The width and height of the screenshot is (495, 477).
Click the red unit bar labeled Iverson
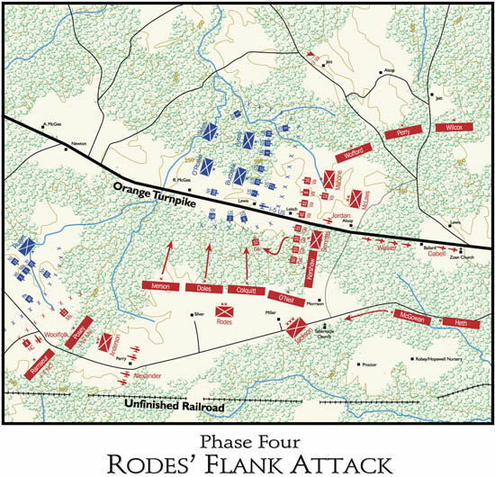coord(163,286)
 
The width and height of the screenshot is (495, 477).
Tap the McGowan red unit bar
coord(409,316)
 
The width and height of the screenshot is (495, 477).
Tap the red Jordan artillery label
coord(340,217)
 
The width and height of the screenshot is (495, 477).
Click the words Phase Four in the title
coord(247,438)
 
